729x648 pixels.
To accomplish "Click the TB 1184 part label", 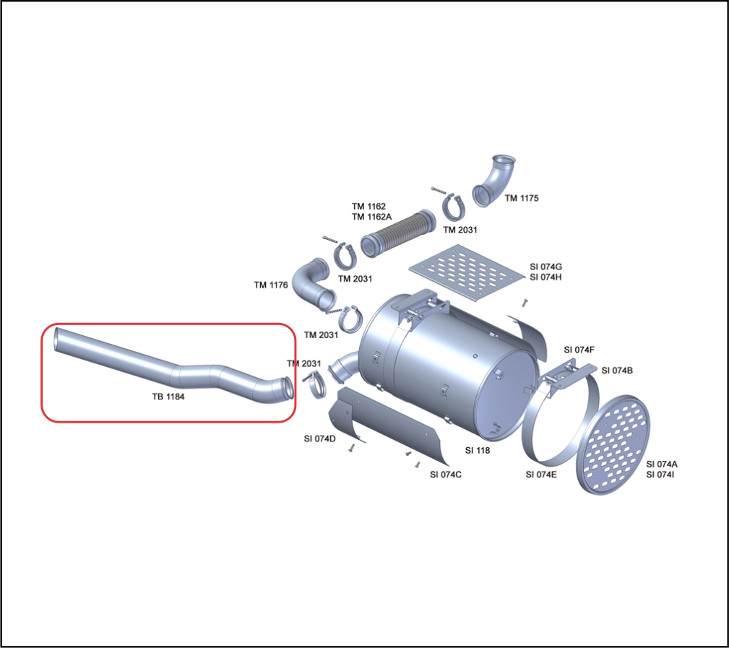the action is click(168, 397).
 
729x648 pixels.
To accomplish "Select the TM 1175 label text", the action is click(522, 198).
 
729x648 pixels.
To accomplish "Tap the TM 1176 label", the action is click(271, 285).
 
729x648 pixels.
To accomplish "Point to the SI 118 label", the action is click(478, 450).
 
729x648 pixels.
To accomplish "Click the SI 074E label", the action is click(541, 474).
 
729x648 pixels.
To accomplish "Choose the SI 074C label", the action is click(446, 474).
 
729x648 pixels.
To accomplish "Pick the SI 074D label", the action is click(319, 439).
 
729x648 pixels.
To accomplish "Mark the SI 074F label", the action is click(579, 350).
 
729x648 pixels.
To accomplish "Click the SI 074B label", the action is click(617, 370).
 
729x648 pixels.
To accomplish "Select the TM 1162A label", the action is click(371, 217).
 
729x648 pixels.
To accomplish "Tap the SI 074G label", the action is click(545, 267).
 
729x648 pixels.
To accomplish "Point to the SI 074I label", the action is click(660, 474).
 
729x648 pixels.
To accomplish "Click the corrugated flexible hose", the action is click(398, 233).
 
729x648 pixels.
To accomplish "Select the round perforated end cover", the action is click(613, 445).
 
